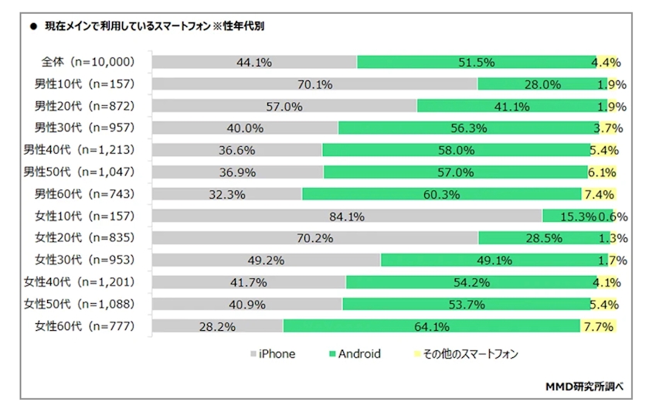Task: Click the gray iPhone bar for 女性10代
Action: [x=347, y=216]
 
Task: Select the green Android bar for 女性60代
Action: [x=431, y=325]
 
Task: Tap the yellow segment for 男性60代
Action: [x=599, y=194]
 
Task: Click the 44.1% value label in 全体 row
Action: [x=254, y=63]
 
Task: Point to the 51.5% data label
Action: [x=477, y=63]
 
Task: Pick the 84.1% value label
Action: [x=347, y=216]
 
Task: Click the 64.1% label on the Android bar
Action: [x=432, y=327]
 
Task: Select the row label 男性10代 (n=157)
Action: [x=84, y=84]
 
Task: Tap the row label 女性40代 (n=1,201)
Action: [x=79, y=282]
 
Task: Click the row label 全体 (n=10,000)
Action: [x=88, y=62]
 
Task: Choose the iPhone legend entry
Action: [x=273, y=354]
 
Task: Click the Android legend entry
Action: [x=355, y=354]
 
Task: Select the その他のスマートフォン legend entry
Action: [x=466, y=354]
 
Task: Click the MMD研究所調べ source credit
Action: [x=584, y=387]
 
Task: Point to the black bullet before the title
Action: [x=33, y=26]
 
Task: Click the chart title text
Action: [x=155, y=26]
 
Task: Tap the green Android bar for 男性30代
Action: [x=467, y=128]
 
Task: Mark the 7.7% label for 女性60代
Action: [x=599, y=327]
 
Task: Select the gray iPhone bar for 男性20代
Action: [x=284, y=106]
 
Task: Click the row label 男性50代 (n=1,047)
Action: [x=79, y=172]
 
